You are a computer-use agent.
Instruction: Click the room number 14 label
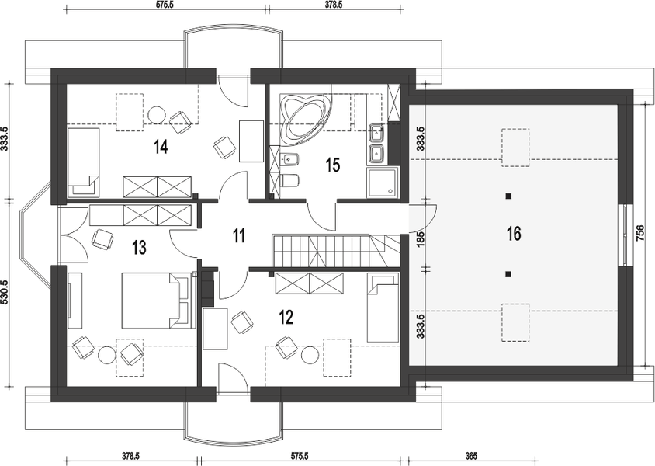click(x=161, y=147)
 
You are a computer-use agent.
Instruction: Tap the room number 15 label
click(x=333, y=165)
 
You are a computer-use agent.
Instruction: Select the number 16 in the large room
click(x=514, y=233)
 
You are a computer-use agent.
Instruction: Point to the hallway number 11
click(x=238, y=235)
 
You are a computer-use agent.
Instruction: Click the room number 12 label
click(x=286, y=318)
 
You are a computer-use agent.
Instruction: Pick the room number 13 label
click(x=139, y=248)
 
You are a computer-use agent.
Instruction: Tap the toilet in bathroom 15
click(x=289, y=180)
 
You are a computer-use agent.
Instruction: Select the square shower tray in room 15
click(x=383, y=183)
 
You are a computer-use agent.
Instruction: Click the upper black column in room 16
click(x=508, y=196)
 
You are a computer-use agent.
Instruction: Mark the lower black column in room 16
click(x=508, y=274)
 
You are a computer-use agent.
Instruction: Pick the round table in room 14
click(x=157, y=114)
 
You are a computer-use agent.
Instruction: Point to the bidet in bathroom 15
click(x=289, y=159)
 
